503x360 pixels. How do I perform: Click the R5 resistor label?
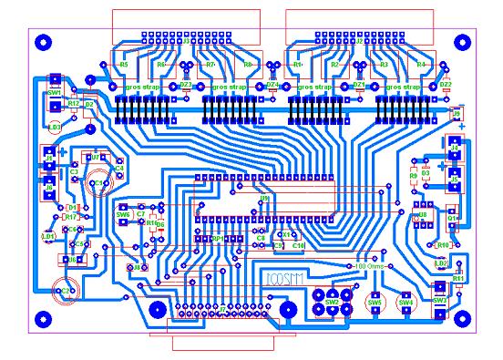[x=124, y=65]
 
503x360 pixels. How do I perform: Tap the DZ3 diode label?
[x=185, y=84]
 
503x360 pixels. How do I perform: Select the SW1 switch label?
[x=54, y=92]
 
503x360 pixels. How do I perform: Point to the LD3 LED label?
[x=55, y=127]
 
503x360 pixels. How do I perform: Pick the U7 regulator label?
[x=94, y=157]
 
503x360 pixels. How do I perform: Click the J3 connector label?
[x=188, y=41]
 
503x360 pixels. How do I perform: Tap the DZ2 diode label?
[x=446, y=84]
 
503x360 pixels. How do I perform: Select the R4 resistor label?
[x=421, y=65]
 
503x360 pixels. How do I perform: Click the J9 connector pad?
[x=458, y=115]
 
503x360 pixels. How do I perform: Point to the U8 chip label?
[x=422, y=214]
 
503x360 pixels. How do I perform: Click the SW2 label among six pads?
[x=332, y=301]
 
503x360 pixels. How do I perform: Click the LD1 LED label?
[x=47, y=235]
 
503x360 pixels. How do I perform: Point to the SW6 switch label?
[x=123, y=214]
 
